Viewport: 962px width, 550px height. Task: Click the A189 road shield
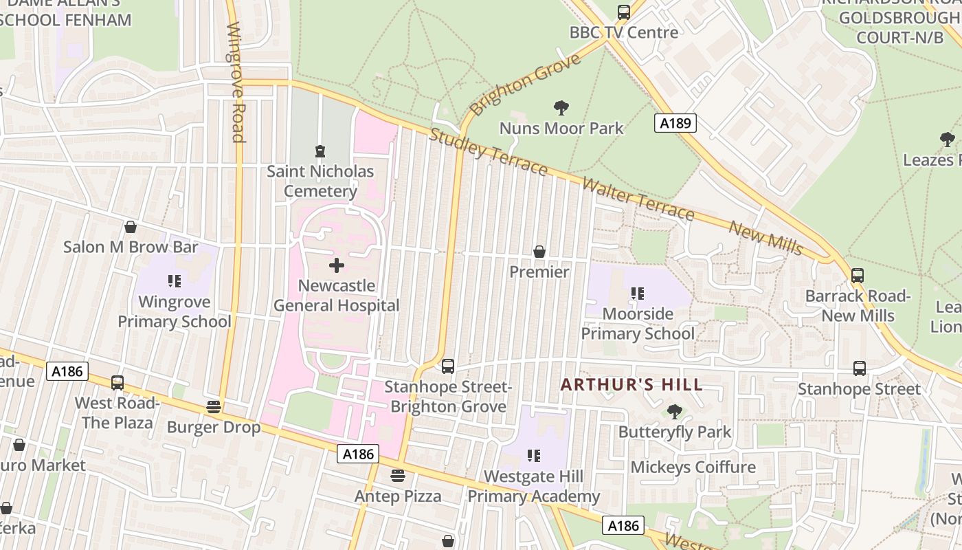(x=675, y=123)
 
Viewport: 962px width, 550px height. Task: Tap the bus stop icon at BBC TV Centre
(x=623, y=12)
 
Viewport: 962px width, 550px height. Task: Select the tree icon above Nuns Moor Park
(x=561, y=108)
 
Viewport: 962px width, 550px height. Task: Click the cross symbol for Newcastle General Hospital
(x=337, y=265)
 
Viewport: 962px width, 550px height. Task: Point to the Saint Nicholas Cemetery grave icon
(x=320, y=151)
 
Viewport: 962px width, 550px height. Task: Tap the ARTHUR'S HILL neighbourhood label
(x=631, y=384)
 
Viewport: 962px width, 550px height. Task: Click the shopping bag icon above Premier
(x=539, y=252)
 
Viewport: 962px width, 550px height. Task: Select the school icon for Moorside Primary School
(x=637, y=294)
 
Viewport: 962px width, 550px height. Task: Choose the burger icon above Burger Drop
(x=214, y=407)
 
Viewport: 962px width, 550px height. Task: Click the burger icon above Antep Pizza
(x=397, y=476)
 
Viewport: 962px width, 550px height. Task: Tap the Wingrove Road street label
(x=236, y=82)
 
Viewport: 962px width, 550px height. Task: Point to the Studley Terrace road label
(x=487, y=151)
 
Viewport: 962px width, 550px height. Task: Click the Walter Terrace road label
(x=638, y=199)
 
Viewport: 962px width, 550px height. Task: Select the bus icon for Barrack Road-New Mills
(x=857, y=276)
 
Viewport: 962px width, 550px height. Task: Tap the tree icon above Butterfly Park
(x=674, y=412)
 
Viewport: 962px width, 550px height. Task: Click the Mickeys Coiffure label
(x=693, y=467)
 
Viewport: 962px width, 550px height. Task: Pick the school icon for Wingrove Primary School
(x=174, y=281)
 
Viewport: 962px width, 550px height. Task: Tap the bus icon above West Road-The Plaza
(x=118, y=383)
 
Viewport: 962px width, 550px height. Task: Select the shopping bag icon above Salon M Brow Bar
(x=130, y=227)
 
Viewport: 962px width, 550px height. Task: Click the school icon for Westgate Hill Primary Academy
(x=533, y=456)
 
